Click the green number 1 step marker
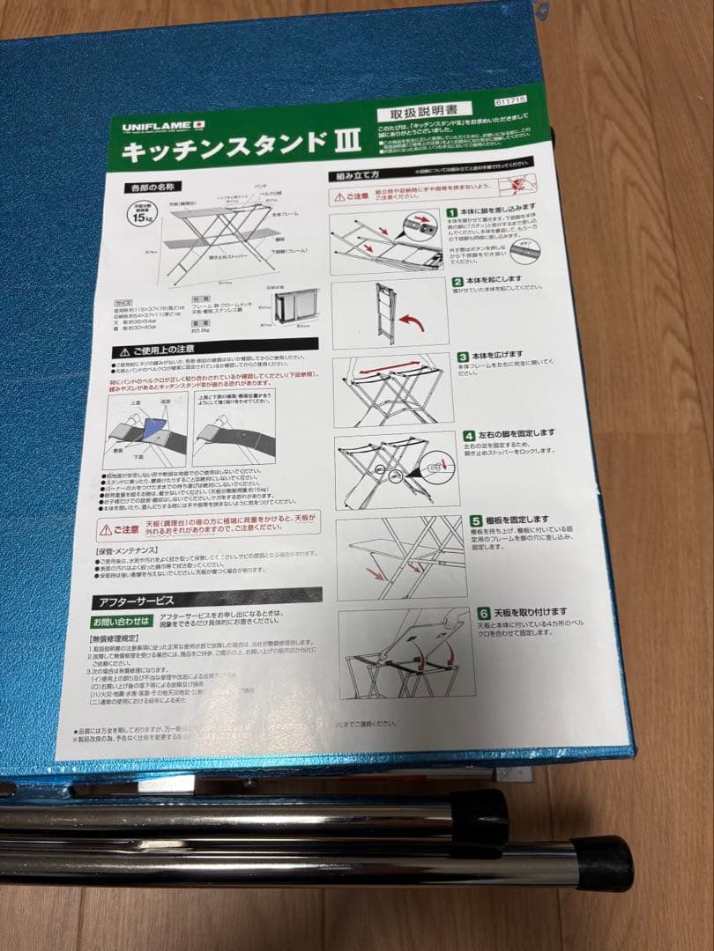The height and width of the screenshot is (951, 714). (451, 213)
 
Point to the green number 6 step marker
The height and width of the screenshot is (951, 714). (483, 612)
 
